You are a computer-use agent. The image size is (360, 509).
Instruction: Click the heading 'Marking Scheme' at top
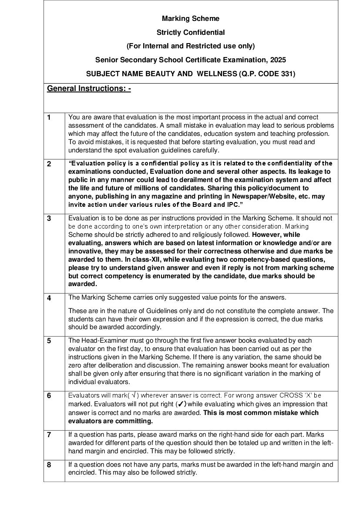tap(191, 18)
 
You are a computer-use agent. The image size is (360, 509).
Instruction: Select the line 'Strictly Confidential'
tap(191, 32)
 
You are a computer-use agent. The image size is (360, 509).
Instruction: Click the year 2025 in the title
tap(278, 60)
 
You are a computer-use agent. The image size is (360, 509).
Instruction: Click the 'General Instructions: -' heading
tap(89, 88)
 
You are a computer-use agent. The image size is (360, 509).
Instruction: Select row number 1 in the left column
tap(49, 117)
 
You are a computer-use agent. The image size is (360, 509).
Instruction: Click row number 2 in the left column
tap(49, 164)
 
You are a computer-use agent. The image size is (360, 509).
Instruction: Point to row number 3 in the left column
tap(49, 219)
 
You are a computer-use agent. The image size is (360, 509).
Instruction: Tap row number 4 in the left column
tap(49, 298)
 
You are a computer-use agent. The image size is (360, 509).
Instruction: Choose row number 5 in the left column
tap(49, 341)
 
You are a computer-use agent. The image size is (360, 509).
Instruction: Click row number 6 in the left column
tap(49, 396)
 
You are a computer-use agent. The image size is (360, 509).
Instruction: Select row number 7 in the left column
tap(49, 435)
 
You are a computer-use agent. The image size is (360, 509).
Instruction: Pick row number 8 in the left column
tap(49, 465)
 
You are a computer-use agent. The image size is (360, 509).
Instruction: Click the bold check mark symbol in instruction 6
tap(182, 404)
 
